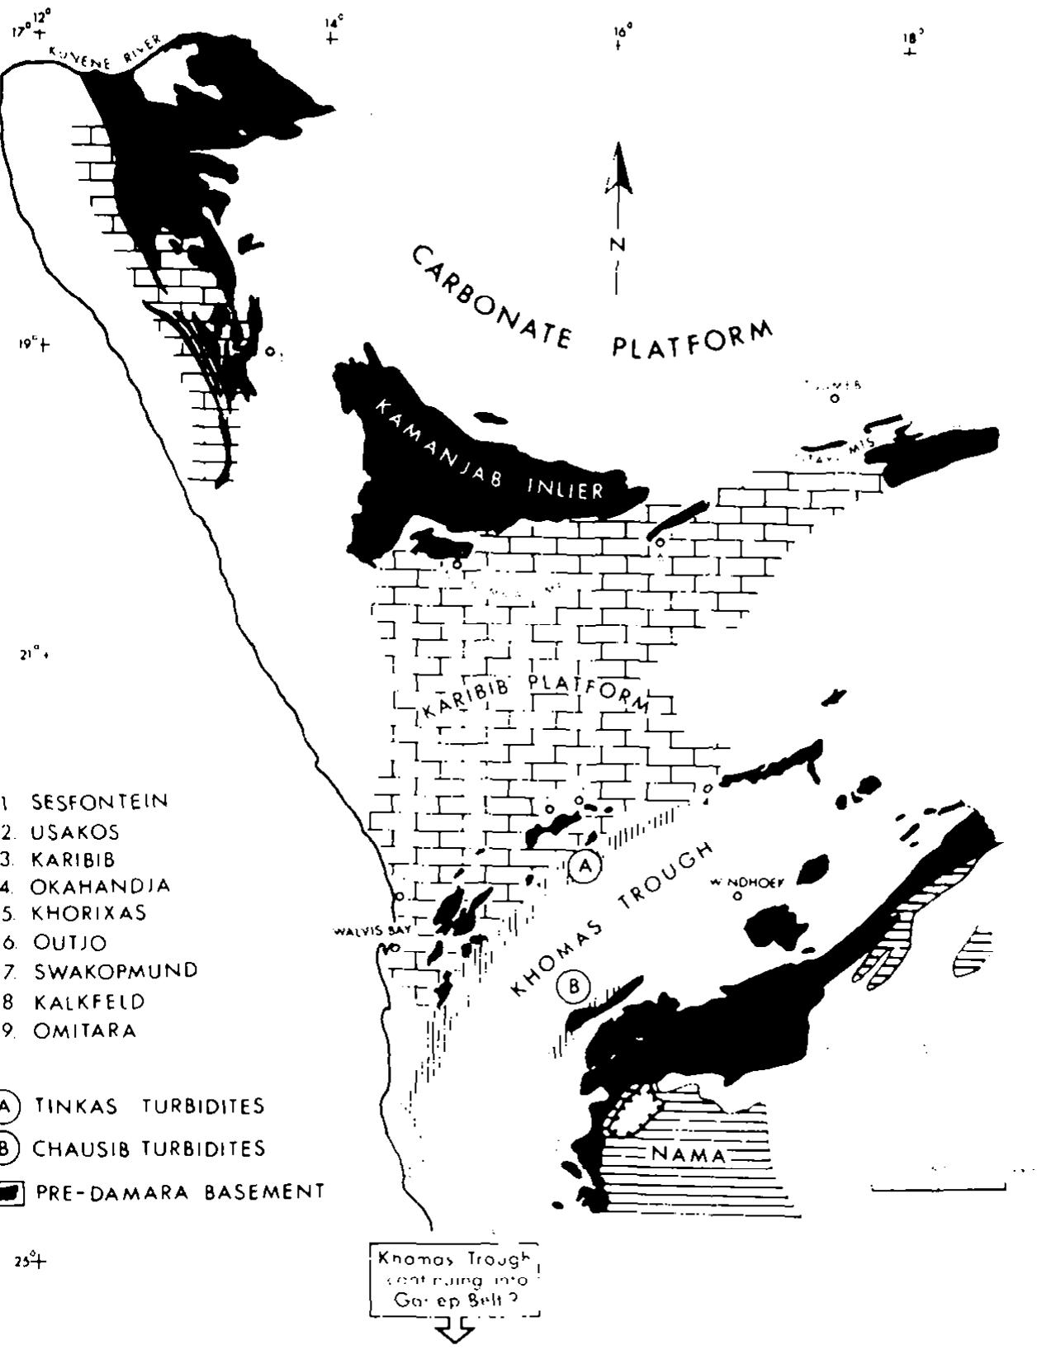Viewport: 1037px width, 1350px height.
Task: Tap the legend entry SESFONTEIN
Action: [x=99, y=802]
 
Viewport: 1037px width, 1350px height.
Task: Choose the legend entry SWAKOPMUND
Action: [x=116, y=972]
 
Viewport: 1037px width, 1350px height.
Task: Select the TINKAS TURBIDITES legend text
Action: [x=149, y=1106]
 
